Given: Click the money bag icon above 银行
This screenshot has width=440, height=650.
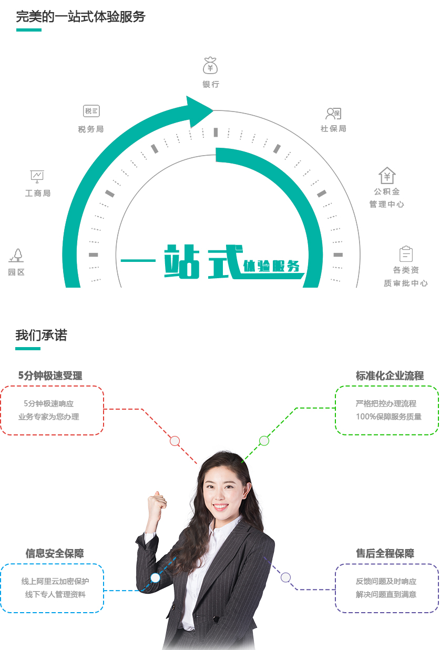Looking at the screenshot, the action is click(x=210, y=65).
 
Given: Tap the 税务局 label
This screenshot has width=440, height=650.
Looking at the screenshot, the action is click(x=91, y=129).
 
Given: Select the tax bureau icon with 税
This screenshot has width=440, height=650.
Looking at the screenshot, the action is click(x=91, y=111).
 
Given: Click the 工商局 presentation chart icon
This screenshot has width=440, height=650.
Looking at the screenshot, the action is click(x=37, y=176).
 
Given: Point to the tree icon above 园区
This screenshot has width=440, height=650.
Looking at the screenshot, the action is click(x=16, y=256).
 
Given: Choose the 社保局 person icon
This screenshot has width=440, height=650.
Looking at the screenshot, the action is click(x=333, y=114).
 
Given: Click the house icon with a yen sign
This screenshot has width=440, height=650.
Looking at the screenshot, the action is click(x=387, y=175).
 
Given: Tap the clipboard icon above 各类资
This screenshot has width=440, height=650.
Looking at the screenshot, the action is click(x=406, y=253).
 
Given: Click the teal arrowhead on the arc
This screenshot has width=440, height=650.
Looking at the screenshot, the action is click(x=199, y=111).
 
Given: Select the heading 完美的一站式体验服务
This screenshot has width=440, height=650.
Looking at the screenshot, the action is click(x=80, y=16).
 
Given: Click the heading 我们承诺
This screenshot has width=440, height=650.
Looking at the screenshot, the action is click(x=41, y=335).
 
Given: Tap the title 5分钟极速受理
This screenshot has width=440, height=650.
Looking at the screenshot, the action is click(x=50, y=375).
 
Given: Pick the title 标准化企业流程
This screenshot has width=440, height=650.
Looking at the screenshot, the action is click(x=390, y=375).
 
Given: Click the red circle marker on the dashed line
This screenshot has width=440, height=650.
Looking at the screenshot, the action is click(x=175, y=441).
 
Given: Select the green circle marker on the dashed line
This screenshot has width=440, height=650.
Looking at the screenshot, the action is click(x=264, y=441).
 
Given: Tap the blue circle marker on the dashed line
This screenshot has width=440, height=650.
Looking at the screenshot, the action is click(x=155, y=577).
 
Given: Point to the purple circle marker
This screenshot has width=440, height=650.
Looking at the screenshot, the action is click(x=285, y=577).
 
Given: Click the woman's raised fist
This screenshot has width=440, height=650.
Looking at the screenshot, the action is click(x=157, y=501).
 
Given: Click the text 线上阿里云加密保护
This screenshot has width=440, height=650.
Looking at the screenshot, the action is click(x=55, y=581).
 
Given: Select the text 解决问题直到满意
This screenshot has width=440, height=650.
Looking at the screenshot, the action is click(x=386, y=595).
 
